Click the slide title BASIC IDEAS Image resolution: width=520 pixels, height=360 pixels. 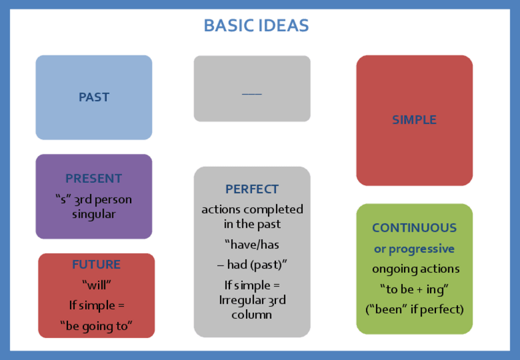tap(256, 26)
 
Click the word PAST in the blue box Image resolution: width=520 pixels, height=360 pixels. tap(94, 97)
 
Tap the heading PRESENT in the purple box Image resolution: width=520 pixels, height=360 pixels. tap(94, 178)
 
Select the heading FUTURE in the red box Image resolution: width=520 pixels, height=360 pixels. tap(96, 265)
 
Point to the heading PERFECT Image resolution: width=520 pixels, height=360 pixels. tap(252, 190)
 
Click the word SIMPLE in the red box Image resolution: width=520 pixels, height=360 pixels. tap(415, 120)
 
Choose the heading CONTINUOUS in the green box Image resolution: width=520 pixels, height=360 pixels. tap(415, 228)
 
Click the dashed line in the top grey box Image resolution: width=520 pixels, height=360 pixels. tap(251, 94)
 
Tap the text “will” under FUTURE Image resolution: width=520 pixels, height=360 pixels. tap(96, 285)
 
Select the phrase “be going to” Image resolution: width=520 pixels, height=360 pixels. tap(96, 326)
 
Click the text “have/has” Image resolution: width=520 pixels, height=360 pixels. tap(252, 245)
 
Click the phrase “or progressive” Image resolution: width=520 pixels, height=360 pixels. tap(415, 249)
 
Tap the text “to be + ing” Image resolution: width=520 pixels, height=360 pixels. tap(415, 289)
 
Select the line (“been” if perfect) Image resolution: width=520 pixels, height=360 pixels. tap(415, 308)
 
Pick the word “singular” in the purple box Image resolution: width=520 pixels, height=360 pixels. tap(94, 214)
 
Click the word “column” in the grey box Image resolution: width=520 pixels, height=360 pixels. tap(252, 315)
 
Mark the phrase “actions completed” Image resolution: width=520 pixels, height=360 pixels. tap(252, 209)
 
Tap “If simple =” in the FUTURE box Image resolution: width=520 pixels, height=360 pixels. tap(96, 305)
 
